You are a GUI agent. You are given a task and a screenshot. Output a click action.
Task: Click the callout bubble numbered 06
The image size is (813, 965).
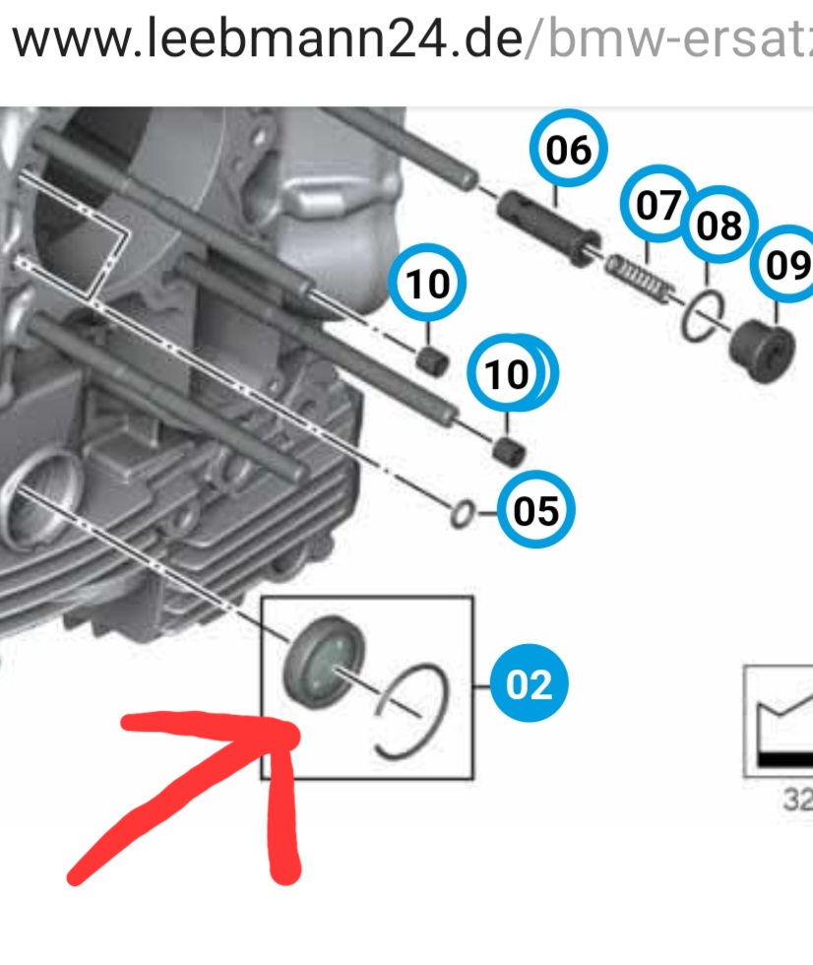pyautogui.click(x=568, y=149)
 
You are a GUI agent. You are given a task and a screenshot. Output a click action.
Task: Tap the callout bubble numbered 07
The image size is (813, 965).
pyautogui.click(x=657, y=204)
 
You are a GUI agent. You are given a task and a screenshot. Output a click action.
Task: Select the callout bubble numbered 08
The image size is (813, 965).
pyautogui.click(x=719, y=225)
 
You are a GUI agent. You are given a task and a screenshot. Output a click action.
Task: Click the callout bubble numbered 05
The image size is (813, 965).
pyautogui.click(x=535, y=509)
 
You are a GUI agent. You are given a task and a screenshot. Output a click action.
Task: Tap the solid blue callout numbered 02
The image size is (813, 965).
pyautogui.click(x=529, y=683)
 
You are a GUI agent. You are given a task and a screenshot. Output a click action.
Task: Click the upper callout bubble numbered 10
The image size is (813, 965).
pyautogui.click(x=427, y=283)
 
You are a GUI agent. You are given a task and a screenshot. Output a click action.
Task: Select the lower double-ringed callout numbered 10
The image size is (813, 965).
pyautogui.click(x=512, y=373)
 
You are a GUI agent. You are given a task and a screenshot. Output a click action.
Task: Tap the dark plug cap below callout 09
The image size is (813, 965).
pyautogui.click(x=762, y=352)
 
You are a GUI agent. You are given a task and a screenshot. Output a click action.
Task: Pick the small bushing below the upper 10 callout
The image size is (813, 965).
pyautogui.click(x=433, y=360)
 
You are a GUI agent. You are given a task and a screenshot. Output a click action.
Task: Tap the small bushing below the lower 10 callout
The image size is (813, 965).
pyautogui.click(x=509, y=452)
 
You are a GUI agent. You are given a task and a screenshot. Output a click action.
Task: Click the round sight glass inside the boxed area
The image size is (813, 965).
pyautogui.click(x=324, y=661)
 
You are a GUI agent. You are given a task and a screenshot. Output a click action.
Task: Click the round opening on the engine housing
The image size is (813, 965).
pyautogui.click(x=38, y=498)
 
